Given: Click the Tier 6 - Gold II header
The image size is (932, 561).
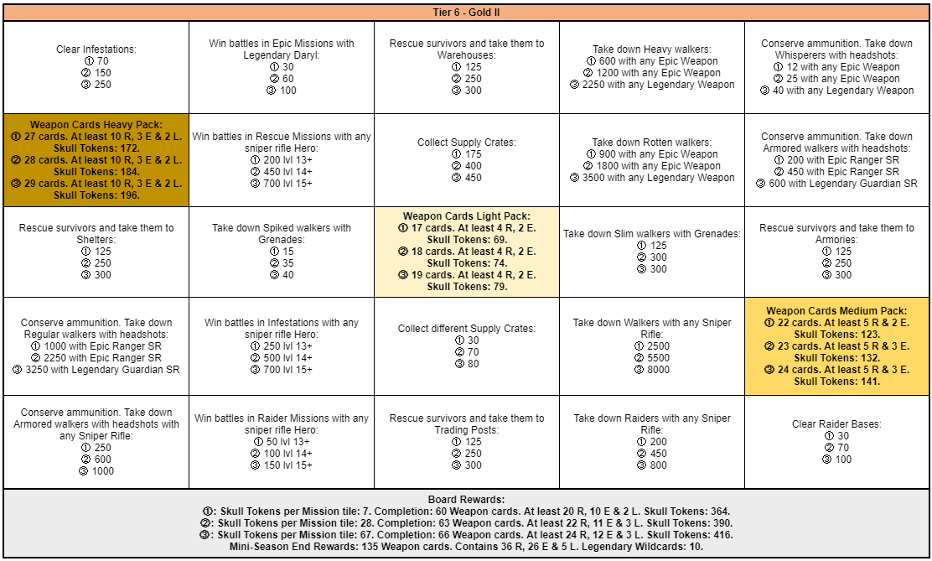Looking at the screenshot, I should point(466,13).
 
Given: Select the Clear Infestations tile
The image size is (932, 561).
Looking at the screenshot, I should point(96,67).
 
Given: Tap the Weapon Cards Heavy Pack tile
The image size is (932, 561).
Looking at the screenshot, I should point(96,159).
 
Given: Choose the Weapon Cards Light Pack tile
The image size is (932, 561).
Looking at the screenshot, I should point(467,252).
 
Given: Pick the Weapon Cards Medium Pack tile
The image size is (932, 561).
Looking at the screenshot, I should point(836,345).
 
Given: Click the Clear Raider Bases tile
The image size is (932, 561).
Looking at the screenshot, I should point(836,441).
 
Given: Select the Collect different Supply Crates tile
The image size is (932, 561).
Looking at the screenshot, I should point(467,345).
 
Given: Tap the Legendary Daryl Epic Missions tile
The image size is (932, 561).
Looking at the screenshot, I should point(282,67).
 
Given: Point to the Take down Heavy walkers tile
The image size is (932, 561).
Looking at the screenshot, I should point(651,67).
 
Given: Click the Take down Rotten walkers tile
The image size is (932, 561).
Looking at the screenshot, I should point(651,159).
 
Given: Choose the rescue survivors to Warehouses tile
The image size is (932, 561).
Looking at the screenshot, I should point(467,67).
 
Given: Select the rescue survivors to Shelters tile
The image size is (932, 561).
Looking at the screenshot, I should point(96,252).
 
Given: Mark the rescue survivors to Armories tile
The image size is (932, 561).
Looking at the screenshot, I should point(836,252).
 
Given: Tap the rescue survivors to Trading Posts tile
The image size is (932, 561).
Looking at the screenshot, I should point(467,441).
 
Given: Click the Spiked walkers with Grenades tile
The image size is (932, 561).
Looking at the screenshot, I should point(282,252).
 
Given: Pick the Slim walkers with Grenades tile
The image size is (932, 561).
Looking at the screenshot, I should point(651,252).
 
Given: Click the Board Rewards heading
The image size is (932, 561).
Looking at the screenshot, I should point(466,500).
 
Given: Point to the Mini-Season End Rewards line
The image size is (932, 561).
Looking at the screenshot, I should point(466,547).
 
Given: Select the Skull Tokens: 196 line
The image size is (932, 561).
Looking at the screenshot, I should point(96,195).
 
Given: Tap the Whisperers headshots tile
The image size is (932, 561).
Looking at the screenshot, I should point(836,67).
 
